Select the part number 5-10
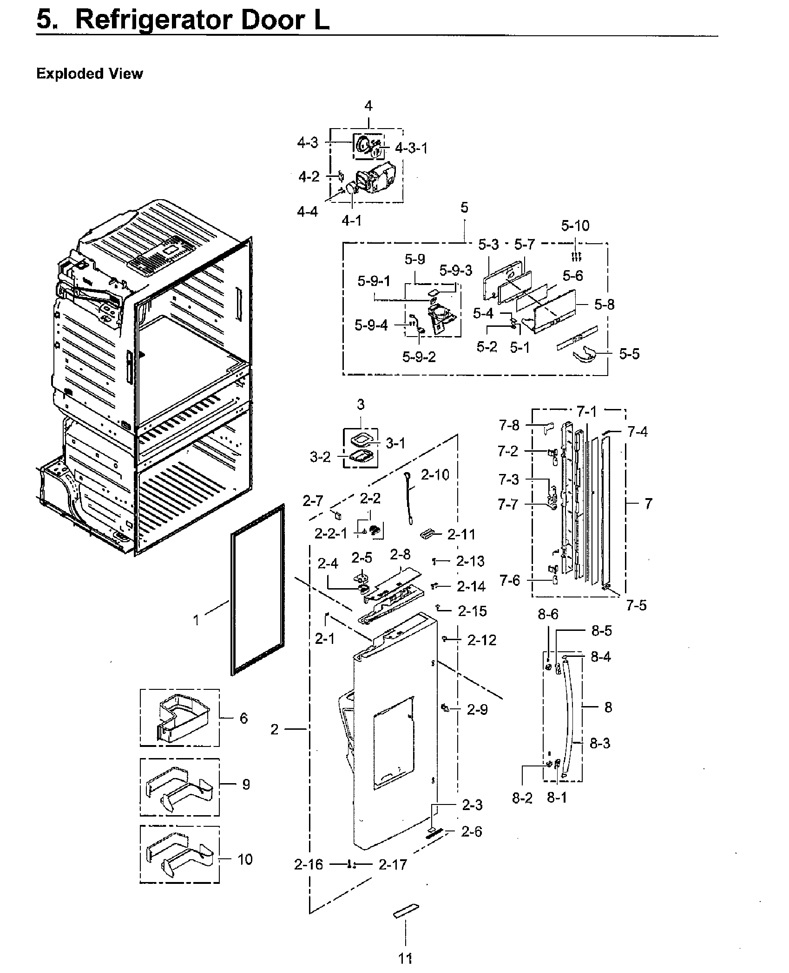[575, 226]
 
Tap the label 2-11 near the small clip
[461, 534]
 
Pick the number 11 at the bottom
[405, 958]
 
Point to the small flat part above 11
[406, 910]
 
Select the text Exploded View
[90, 74]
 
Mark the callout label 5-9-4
[371, 325]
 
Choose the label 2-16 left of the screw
[308, 865]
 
